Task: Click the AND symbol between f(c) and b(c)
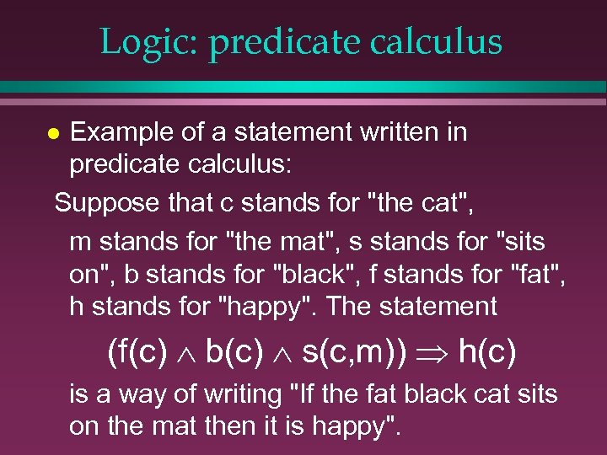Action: pyautogui.click(x=186, y=353)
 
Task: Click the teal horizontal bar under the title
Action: pyautogui.click(x=303, y=86)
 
